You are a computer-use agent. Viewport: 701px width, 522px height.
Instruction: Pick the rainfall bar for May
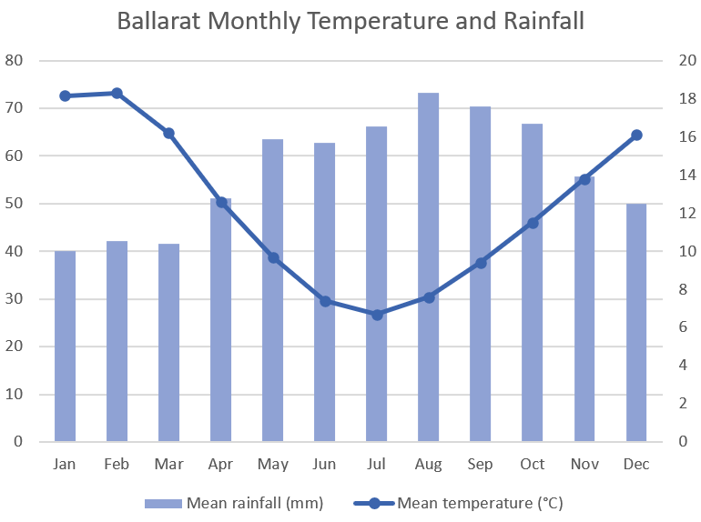[272, 291]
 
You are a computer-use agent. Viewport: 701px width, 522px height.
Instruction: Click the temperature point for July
[377, 315]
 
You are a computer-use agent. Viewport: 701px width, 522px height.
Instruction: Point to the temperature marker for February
[117, 93]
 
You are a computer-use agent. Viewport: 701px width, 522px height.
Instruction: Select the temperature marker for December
[636, 135]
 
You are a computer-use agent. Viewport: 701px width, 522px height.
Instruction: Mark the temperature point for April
[221, 202]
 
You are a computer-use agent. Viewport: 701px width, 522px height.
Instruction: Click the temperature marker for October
[533, 223]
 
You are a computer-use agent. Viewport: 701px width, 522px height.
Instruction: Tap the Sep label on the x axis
[480, 465]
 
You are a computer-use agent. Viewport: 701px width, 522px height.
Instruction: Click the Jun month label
[324, 465]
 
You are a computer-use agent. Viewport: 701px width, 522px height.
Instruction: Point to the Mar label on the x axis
[168, 465]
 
